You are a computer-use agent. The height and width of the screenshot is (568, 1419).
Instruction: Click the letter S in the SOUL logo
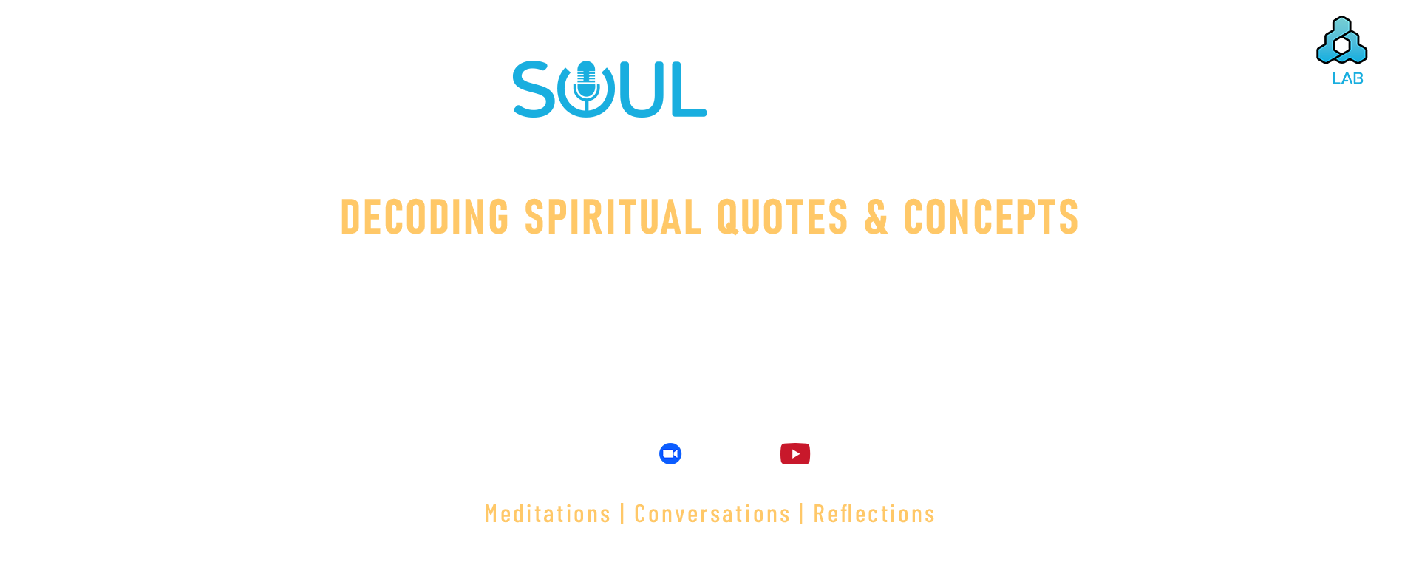[x=534, y=89]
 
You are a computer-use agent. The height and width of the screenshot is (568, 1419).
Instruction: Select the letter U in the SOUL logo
[x=640, y=89]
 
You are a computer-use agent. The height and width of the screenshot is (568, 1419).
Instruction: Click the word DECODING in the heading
[x=425, y=217]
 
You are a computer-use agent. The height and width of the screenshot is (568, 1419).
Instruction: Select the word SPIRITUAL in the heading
[x=613, y=217]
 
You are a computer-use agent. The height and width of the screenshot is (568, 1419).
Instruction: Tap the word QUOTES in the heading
[x=783, y=217]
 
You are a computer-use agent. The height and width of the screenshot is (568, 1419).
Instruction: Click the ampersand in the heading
[x=877, y=217]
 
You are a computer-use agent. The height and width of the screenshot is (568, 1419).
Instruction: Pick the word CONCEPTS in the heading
[x=991, y=217]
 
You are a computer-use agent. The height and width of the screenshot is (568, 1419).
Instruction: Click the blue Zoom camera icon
[x=670, y=453]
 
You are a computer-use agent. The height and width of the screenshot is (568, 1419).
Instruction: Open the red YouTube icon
[x=795, y=453]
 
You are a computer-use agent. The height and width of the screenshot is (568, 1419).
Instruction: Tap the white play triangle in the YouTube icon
[x=795, y=453]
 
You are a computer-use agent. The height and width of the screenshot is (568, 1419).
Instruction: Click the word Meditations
[x=548, y=513]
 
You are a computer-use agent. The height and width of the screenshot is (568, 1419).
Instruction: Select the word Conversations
[x=712, y=513]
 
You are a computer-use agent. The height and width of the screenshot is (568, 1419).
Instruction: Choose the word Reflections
[x=874, y=513]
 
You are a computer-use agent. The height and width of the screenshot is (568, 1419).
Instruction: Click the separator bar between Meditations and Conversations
[x=622, y=513]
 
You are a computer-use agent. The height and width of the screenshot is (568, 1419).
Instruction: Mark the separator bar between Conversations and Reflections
[x=801, y=513]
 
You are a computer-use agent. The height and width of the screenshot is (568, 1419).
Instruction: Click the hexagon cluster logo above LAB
[x=1342, y=40]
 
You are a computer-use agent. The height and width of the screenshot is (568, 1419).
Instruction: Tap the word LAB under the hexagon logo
[x=1347, y=78]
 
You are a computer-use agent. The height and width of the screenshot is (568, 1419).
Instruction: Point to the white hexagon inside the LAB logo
[x=1342, y=45]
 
